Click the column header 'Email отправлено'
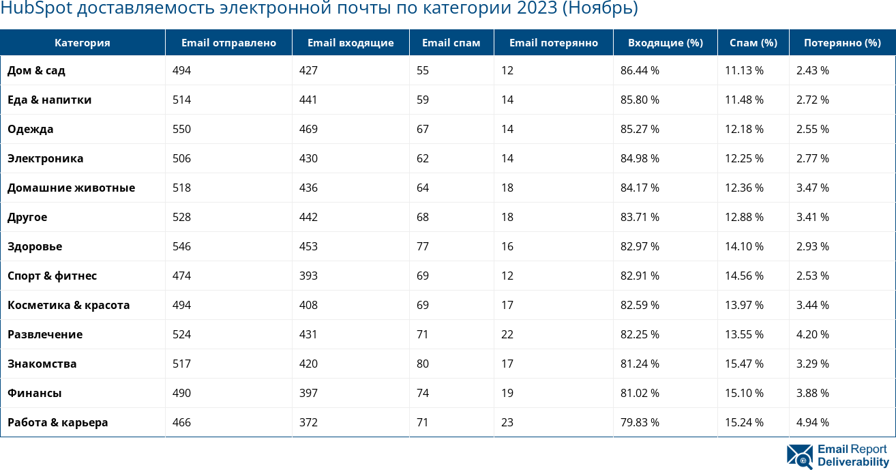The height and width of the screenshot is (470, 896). [x=228, y=43]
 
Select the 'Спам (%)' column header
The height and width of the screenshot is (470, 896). [x=753, y=43]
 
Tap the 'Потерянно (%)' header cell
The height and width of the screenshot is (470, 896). [x=841, y=43]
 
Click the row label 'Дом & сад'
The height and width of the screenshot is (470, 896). [x=36, y=70]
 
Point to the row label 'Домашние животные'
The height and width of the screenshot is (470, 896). [x=71, y=188]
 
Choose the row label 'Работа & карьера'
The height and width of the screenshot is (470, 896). [x=57, y=422]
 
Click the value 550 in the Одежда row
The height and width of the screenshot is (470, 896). [x=181, y=129]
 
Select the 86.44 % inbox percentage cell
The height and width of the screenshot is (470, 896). [x=640, y=70]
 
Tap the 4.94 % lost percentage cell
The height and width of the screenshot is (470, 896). [x=812, y=422]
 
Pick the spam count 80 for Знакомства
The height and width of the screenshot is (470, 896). [x=423, y=364]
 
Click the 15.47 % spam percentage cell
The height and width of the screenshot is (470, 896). [x=744, y=364]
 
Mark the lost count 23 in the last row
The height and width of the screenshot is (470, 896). [x=507, y=422]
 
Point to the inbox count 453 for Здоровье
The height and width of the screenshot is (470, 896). [x=308, y=246]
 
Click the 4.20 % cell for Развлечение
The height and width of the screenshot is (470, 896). [x=812, y=334]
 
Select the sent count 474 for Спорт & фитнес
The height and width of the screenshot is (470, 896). [x=181, y=276]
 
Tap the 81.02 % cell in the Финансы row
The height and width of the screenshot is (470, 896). [x=640, y=393]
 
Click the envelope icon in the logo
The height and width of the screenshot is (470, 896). [x=799, y=456]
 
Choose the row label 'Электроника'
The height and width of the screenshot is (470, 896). [x=45, y=158]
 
